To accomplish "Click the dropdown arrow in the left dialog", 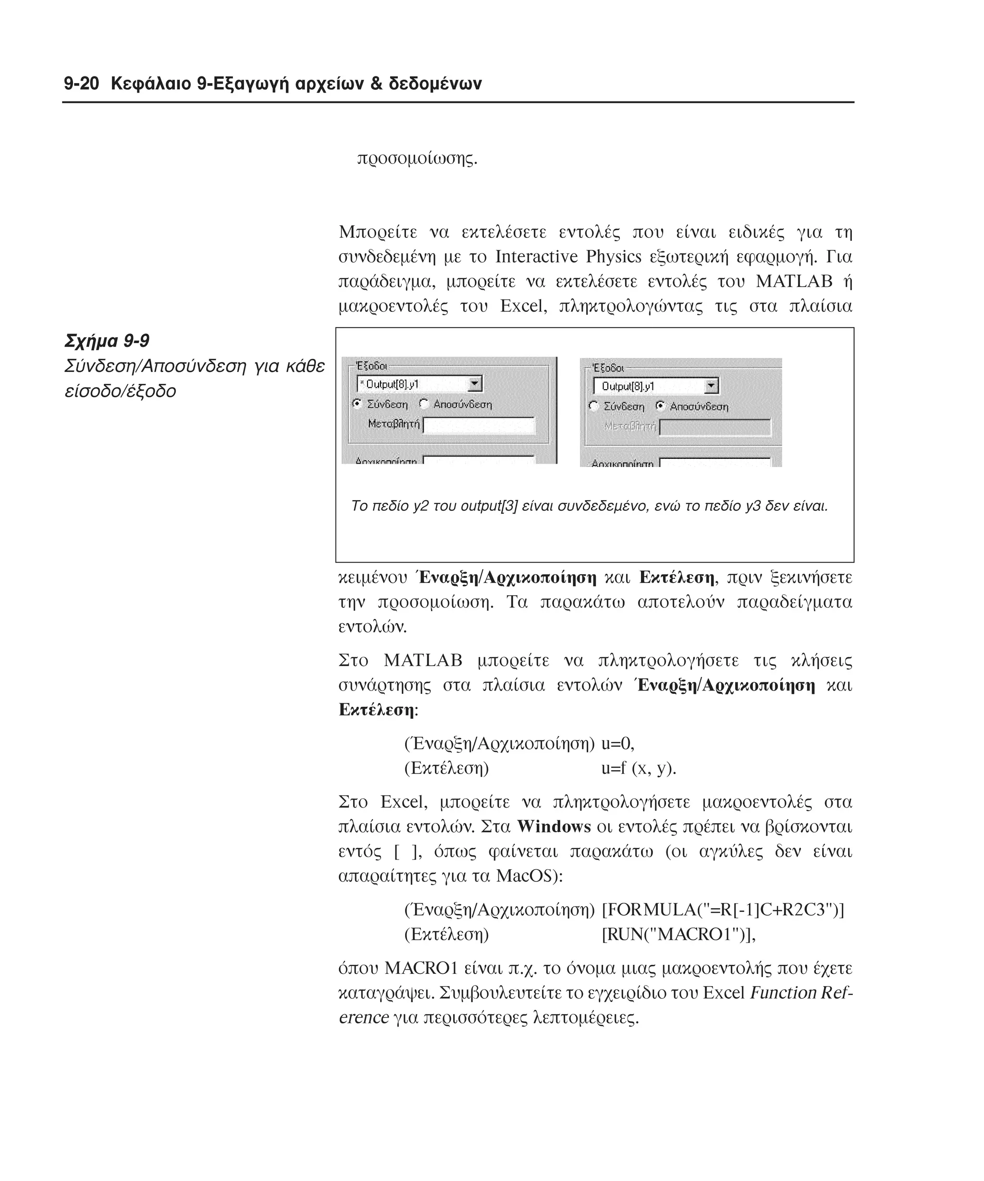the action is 475,384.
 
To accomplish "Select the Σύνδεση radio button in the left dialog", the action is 357,404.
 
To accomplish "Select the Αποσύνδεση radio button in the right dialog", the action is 661,406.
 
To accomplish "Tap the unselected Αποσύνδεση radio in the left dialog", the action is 424,404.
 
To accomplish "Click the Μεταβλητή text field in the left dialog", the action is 479,425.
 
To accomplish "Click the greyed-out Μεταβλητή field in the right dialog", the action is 714,428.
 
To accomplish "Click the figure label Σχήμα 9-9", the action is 107,341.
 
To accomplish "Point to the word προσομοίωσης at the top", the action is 417,159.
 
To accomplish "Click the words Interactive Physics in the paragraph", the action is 568,257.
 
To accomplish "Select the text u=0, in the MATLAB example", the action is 617,744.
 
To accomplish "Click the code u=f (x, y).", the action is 638,768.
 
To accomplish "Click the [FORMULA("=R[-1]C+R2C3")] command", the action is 723,910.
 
